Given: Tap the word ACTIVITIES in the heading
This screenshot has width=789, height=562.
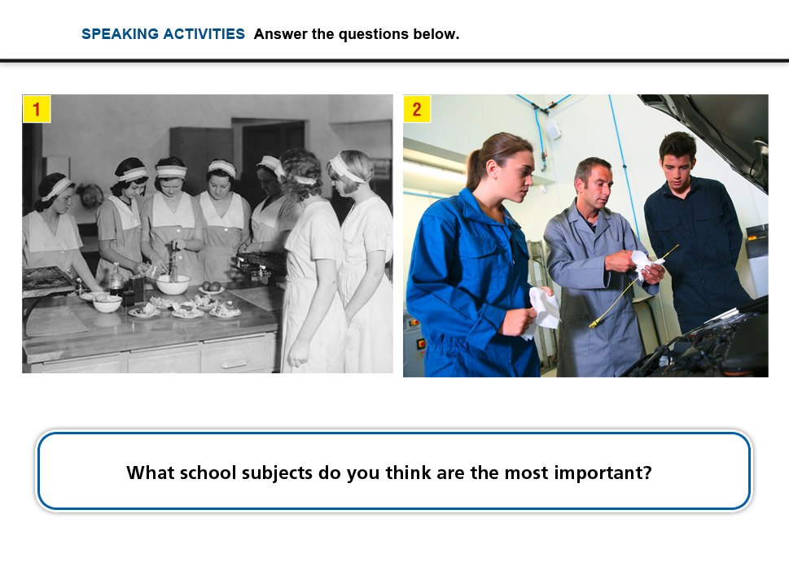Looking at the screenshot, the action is [204, 34].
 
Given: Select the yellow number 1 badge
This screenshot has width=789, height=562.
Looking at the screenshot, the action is [37, 109].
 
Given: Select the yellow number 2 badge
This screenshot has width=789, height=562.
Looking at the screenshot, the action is [417, 109].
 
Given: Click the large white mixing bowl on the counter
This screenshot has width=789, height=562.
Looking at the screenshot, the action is [173, 284].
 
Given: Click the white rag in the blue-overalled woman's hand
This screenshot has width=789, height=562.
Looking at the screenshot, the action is [542, 311].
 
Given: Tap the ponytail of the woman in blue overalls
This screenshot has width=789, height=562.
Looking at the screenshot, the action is [474, 168].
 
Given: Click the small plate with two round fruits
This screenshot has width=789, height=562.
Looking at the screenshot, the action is [212, 288].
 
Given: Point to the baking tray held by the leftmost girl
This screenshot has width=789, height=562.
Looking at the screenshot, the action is [46, 279].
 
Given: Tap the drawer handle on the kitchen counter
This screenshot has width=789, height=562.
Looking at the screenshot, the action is [234, 364].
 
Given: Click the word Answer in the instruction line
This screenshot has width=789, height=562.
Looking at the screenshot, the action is [281, 34].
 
